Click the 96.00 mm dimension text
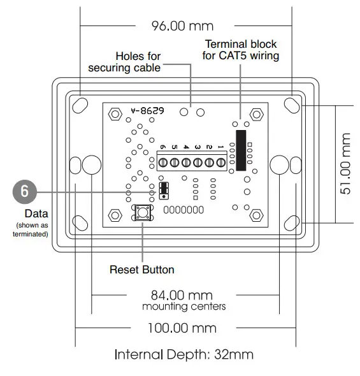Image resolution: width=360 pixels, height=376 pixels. tap(182, 26)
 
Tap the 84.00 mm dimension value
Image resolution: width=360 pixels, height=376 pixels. tap(181, 295)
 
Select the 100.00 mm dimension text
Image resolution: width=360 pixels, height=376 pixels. tap(182, 328)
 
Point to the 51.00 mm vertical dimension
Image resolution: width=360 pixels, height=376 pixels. tap(346, 164)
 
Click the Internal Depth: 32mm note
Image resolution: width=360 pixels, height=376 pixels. tap(184, 354)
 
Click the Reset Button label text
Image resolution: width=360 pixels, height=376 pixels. tap(141, 269)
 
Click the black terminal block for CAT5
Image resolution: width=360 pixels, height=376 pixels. tap(240, 150)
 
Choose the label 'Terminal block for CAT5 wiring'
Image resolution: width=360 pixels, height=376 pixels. tap(241, 50)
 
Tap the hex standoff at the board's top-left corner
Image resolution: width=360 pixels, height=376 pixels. tap(115, 113)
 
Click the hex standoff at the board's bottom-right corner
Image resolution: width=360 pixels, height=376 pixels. tap(257, 214)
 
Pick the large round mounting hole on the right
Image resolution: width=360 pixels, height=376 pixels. tap(280, 164)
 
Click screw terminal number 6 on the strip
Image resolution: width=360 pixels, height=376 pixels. tap(163, 163)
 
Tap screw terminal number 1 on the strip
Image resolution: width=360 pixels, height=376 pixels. tap(220, 163)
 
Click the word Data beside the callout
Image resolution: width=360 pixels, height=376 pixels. tap(36, 213)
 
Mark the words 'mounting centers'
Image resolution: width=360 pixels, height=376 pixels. tap(184, 307)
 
